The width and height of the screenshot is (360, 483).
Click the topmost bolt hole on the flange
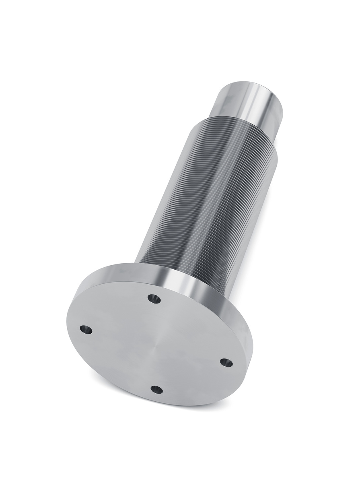(x=154, y=299)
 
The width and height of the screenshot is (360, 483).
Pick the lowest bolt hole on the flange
(x=156, y=389)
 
